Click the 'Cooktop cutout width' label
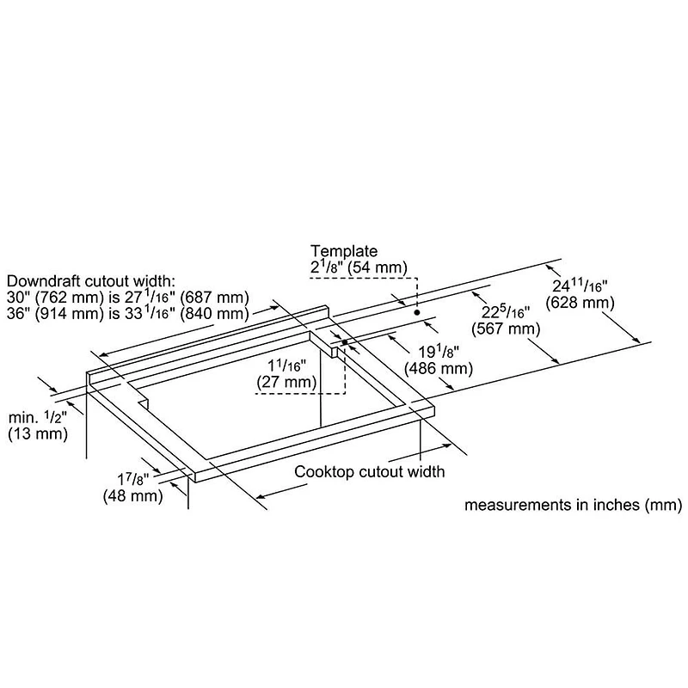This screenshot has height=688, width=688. point(370,471)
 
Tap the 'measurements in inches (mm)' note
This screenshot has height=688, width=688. point(574,505)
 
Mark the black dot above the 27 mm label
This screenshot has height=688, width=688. point(344,342)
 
